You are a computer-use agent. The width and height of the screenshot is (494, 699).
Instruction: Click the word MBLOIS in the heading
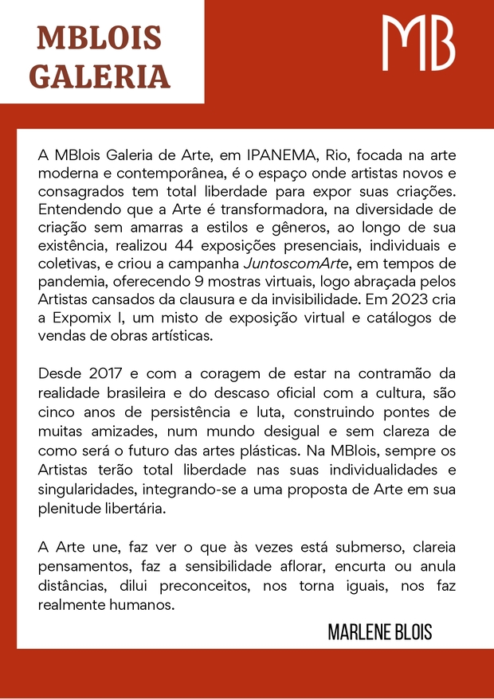pos(100,37)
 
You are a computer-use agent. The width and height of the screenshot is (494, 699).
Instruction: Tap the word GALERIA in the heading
pos(104,76)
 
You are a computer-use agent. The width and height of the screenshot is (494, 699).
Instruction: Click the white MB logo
pos(418,43)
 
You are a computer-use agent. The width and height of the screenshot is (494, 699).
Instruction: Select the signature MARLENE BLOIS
pos(380,632)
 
